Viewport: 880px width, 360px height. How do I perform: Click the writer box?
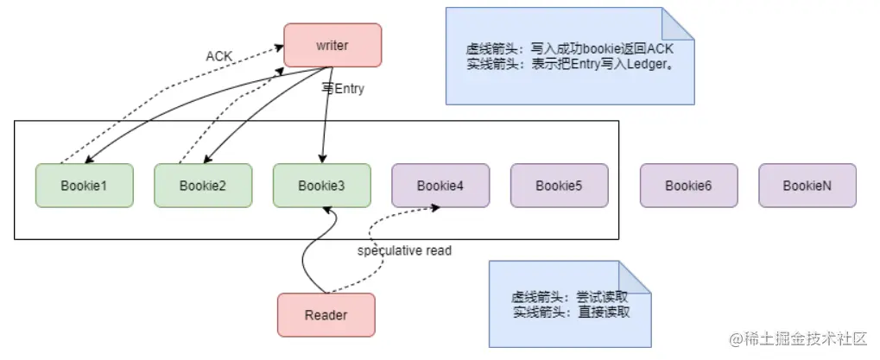332,45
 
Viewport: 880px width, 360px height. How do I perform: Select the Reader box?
326,315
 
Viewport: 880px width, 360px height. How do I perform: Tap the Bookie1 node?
84,186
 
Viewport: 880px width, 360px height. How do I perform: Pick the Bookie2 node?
203,186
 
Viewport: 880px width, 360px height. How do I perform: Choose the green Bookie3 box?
322,186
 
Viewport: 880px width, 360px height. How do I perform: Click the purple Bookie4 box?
440,186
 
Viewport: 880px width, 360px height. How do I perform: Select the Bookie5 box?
559,186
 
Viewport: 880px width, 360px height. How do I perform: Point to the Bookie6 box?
688,186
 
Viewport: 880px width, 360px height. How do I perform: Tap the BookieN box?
807,186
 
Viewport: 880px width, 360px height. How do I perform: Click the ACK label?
219,56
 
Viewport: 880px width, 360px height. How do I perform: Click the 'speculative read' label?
404,250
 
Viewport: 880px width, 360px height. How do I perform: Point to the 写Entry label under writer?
343,88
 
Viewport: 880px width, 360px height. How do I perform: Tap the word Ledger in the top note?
635,64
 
